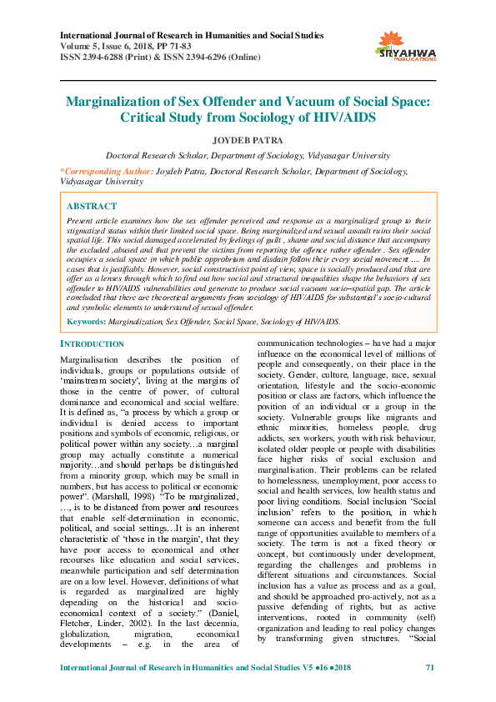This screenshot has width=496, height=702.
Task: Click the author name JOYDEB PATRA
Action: click(248, 139)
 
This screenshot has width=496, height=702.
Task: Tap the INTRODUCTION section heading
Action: click(92, 343)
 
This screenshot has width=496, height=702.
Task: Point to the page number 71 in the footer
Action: click(430, 691)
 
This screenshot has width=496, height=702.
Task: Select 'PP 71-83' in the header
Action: click(178, 48)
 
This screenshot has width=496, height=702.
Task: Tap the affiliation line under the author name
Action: click(248, 155)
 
